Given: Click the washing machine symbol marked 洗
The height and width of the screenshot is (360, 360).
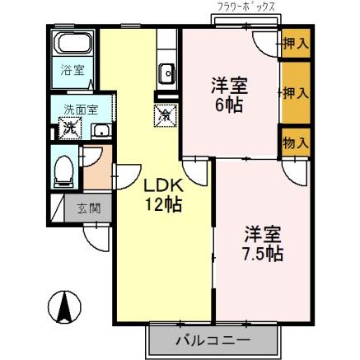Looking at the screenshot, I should [x=70, y=128].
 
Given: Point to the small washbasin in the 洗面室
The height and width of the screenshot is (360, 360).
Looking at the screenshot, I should [x=101, y=130].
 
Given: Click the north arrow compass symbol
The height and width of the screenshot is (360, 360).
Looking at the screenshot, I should [x=63, y=310].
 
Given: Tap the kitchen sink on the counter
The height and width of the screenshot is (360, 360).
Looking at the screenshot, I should [x=166, y=72].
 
